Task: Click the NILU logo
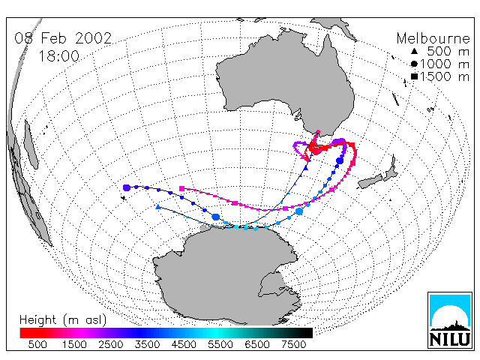450,320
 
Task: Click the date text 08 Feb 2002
63,38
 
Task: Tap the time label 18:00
58,56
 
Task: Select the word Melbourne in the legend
433,38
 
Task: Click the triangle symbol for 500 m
414,52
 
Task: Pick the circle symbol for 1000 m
414,64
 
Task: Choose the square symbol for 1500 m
414,76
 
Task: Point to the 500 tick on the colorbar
37,345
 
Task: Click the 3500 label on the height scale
147,345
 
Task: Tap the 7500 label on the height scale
294,345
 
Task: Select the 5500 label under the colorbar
220,345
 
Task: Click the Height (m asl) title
63,320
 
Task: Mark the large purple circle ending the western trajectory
127,187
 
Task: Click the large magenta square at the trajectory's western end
181,188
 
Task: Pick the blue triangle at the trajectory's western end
158,207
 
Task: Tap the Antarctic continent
226,275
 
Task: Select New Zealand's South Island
370,181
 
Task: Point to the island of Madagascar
31,144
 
